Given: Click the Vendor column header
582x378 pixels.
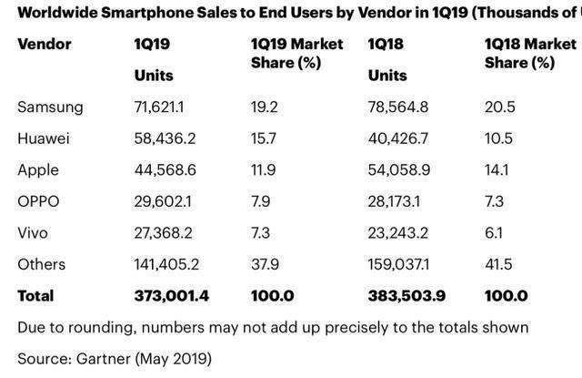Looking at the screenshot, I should [45, 44].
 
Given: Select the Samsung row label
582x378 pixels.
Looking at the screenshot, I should [50, 107].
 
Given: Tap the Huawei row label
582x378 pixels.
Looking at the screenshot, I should [45, 138].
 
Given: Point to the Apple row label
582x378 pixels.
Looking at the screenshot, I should [38, 170].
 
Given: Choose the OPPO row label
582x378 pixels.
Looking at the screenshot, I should [38, 201].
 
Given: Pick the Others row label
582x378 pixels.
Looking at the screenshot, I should [42, 264].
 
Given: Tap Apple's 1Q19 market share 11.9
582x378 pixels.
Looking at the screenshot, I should [260, 170].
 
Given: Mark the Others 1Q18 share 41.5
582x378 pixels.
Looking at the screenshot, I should [500, 264].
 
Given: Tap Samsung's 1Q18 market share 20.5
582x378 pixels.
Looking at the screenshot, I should [500, 107].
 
